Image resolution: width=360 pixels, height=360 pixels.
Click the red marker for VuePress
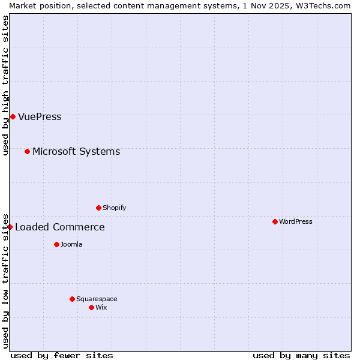(x=13, y=116)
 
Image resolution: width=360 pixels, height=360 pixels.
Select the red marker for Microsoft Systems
(x=27, y=151)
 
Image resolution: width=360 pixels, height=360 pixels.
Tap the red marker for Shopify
(x=98, y=208)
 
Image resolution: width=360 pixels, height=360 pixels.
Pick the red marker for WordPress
(x=275, y=221)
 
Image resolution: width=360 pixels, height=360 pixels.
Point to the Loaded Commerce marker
(x=10, y=227)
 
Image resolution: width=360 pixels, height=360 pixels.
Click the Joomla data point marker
(x=56, y=244)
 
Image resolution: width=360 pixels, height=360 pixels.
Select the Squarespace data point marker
(x=72, y=299)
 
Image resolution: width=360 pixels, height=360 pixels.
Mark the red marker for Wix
(x=91, y=307)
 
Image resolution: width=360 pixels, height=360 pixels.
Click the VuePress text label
(x=40, y=116)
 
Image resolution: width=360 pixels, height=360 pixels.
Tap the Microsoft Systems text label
(x=76, y=151)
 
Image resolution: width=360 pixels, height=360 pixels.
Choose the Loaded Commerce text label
(x=59, y=227)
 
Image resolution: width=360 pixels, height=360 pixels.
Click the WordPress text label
(x=296, y=221)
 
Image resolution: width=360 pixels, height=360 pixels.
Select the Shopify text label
(x=114, y=208)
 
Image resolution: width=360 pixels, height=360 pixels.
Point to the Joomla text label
(x=71, y=244)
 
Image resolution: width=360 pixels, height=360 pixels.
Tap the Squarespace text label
(x=97, y=299)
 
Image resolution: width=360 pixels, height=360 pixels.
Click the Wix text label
(x=101, y=307)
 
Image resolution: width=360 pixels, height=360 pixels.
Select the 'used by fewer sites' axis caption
(x=62, y=355)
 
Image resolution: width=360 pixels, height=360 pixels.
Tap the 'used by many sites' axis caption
(x=301, y=355)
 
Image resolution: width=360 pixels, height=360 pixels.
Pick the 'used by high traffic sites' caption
(x=5, y=85)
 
